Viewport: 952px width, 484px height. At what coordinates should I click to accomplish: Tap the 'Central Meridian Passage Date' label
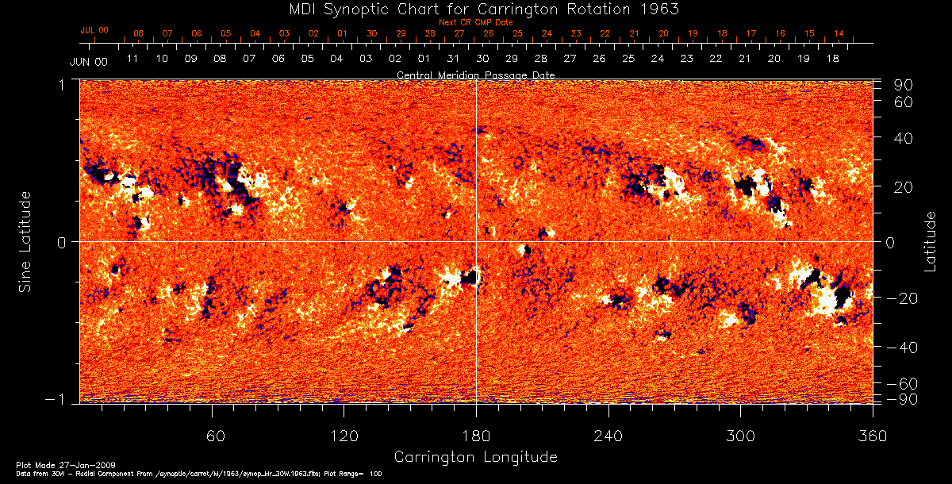pos(475,75)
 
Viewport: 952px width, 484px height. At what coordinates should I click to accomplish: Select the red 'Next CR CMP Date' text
pos(475,22)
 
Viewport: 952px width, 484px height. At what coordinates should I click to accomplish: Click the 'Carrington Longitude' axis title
pos(475,456)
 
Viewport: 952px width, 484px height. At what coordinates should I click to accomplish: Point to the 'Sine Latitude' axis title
pos(25,240)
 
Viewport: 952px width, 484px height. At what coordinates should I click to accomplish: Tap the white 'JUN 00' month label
pos(88,61)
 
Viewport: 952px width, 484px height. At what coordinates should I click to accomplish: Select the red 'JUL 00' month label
pos(94,30)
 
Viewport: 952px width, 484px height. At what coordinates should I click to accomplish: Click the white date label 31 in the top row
pos(453,59)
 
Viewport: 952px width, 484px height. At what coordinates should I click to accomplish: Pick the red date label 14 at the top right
pos(839,33)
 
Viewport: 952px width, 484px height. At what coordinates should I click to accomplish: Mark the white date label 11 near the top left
pos(132,59)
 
